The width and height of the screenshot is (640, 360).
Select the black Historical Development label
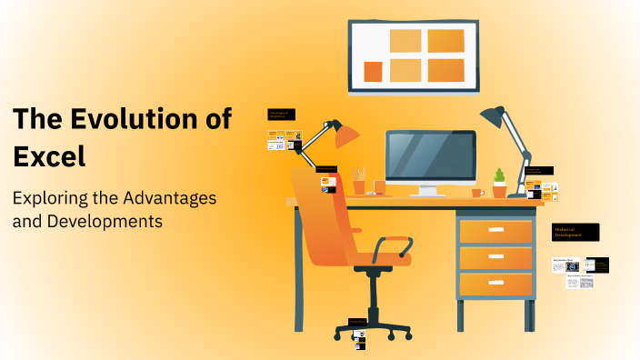(x=575, y=232)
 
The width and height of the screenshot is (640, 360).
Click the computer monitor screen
(x=430, y=156)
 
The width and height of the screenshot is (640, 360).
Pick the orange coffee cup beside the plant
(x=476, y=192)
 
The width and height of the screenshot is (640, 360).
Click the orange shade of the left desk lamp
(x=346, y=135)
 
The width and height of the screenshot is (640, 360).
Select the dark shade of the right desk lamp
(x=493, y=115)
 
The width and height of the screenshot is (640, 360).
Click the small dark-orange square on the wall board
(x=373, y=72)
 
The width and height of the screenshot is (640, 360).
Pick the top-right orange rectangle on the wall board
(x=445, y=41)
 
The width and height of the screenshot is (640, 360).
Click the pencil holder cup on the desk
(x=359, y=185)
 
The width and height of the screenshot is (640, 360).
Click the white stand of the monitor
(x=429, y=191)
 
